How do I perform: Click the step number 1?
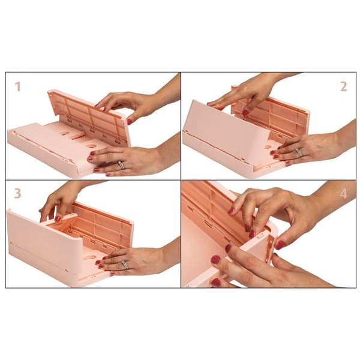(18, 87)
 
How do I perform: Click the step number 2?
(343, 87)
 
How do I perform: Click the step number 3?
(17, 193)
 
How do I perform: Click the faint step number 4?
(343, 194)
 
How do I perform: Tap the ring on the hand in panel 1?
(121, 165)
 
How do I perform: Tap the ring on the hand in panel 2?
(299, 152)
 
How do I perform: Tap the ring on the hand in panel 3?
(125, 264)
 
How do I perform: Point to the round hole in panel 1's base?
(92, 146)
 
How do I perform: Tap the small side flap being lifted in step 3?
(60, 218)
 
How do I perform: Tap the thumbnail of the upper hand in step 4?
(281, 245)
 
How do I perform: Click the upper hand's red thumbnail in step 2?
(245, 113)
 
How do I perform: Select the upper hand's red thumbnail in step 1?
(130, 121)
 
